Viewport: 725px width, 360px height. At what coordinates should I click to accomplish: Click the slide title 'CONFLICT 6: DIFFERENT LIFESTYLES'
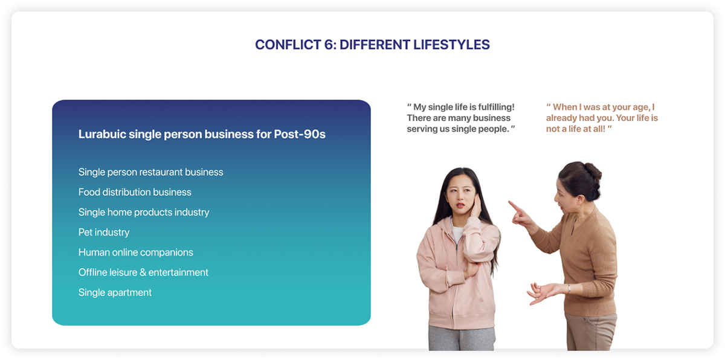(x=372, y=45)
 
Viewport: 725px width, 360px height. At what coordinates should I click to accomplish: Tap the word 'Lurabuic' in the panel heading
(x=102, y=134)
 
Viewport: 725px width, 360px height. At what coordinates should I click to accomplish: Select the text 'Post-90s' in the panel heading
(x=300, y=134)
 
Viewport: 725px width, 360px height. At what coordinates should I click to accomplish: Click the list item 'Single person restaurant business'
(x=151, y=172)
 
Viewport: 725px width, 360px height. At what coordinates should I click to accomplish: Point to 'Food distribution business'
(x=135, y=192)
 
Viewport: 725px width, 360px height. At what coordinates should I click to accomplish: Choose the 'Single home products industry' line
(x=144, y=212)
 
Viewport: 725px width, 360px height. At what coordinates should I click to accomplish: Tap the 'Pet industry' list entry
(x=104, y=232)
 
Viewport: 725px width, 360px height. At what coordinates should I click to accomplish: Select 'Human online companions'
(x=135, y=252)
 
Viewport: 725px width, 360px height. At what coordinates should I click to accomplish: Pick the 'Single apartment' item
(x=115, y=292)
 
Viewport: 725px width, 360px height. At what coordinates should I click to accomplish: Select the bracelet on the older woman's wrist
(x=569, y=288)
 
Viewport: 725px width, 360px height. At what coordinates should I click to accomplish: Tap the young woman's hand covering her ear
(x=475, y=207)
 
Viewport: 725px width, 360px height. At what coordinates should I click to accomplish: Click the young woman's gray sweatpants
(x=462, y=338)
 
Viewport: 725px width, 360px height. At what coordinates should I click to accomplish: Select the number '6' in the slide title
(x=329, y=45)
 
